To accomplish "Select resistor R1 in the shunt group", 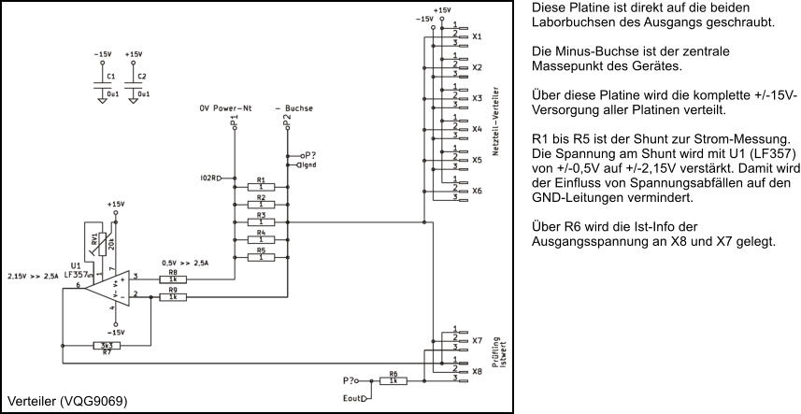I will click(x=261, y=187).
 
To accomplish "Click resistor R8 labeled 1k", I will click(x=172, y=278).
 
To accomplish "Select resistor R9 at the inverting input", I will click(x=172, y=297).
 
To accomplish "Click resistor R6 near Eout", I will click(x=393, y=380).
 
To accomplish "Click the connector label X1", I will click(x=477, y=37).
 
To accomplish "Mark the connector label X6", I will click(x=477, y=191).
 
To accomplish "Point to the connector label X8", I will click(x=477, y=371).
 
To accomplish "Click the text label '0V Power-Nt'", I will click(x=225, y=108).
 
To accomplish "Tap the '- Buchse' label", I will click(x=293, y=108).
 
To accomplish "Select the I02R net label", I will click(x=209, y=177).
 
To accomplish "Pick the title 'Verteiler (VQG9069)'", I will click(x=66, y=401).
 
